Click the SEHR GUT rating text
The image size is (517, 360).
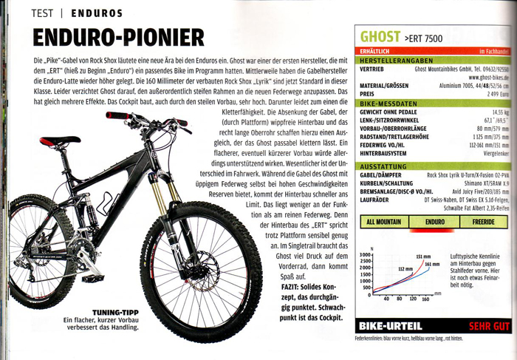[489, 325]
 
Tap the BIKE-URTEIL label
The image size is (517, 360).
[391, 325]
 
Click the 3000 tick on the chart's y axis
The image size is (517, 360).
[363, 255]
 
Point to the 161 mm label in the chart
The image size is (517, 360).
[432, 264]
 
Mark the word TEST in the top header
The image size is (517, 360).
[49, 12]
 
